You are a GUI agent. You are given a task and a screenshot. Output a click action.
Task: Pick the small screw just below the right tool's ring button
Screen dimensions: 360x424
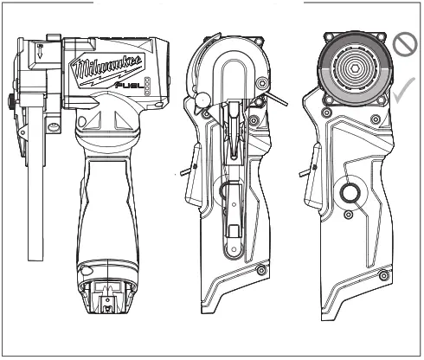pos(347,215)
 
